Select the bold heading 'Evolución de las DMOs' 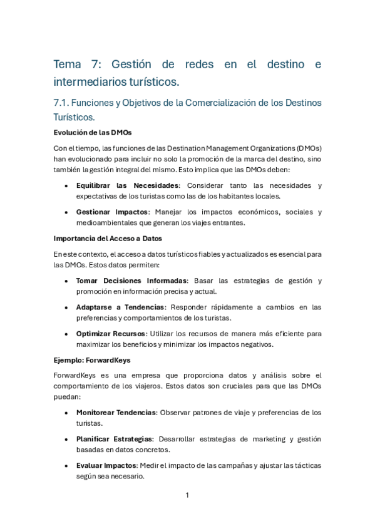(92, 132)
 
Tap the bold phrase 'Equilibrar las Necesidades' (127, 185)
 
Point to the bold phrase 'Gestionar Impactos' (112, 212)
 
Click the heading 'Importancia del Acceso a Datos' (108, 239)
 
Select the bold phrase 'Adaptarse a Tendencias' (120, 307)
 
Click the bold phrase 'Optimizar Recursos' (110, 333)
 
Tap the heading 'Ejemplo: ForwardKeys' (93, 359)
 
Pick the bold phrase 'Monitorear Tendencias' (116, 412)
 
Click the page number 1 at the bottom (187, 495)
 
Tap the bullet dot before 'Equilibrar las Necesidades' (67, 186)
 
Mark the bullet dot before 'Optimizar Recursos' (67, 334)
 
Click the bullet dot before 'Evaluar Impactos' (67, 466)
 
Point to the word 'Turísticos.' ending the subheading (74, 117)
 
